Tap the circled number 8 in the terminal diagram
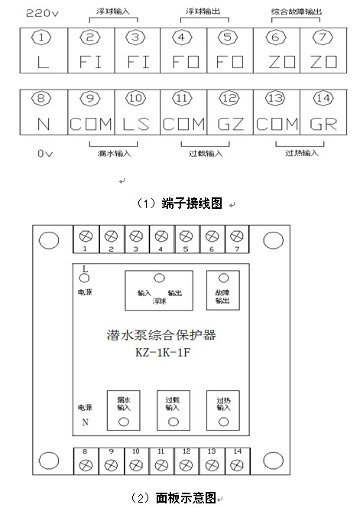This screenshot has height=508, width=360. point(42,99)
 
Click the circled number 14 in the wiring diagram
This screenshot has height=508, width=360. point(322,99)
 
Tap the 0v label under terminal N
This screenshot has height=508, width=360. point(44,153)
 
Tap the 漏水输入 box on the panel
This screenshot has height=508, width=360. point(124,409)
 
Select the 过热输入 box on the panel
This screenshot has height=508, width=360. point(223,409)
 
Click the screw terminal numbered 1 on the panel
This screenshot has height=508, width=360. point(86,236)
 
